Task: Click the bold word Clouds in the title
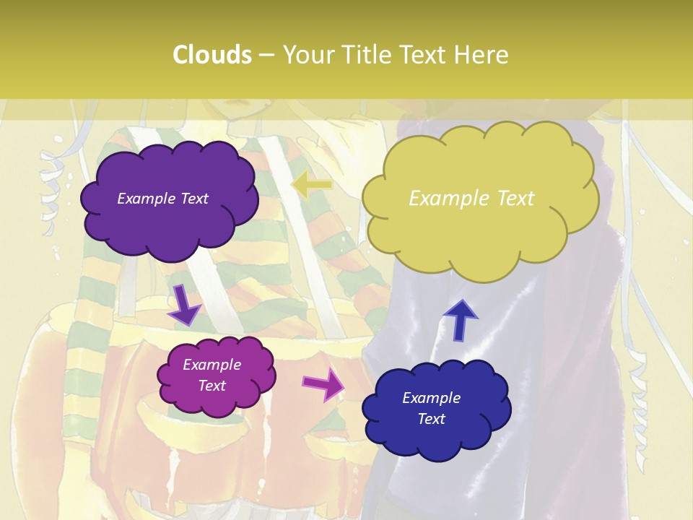(212, 55)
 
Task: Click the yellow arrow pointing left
(311, 186)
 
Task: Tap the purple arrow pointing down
(185, 305)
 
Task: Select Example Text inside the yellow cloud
(471, 199)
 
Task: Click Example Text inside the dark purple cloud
(162, 199)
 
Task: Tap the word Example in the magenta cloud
(212, 365)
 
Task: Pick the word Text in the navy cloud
(431, 419)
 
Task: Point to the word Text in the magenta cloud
(212, 386)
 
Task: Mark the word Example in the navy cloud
(431, 398)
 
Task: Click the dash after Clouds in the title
(266, 55)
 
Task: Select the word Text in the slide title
(422, 55)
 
